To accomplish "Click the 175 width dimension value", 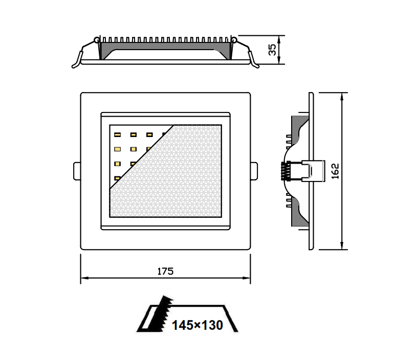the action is pyautogui.click(x=165, y=271).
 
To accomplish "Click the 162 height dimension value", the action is pyautogui.click(x=335, y=171).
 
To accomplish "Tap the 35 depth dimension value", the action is pyautogui.click(x=272, y=50).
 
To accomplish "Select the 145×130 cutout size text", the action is pyautogui.click(x=198, y=325).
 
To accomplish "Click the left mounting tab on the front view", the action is pyautogui.click(x=77, y=171).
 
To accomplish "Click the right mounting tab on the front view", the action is pyautogui.click(x=254, y=171).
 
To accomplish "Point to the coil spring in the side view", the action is pyautogui.click(x=286, y=171).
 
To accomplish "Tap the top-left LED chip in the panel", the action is pyautogui.click(x=117, y=134).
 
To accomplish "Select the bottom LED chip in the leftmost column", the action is pyautogui.click(x=117, y=178).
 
